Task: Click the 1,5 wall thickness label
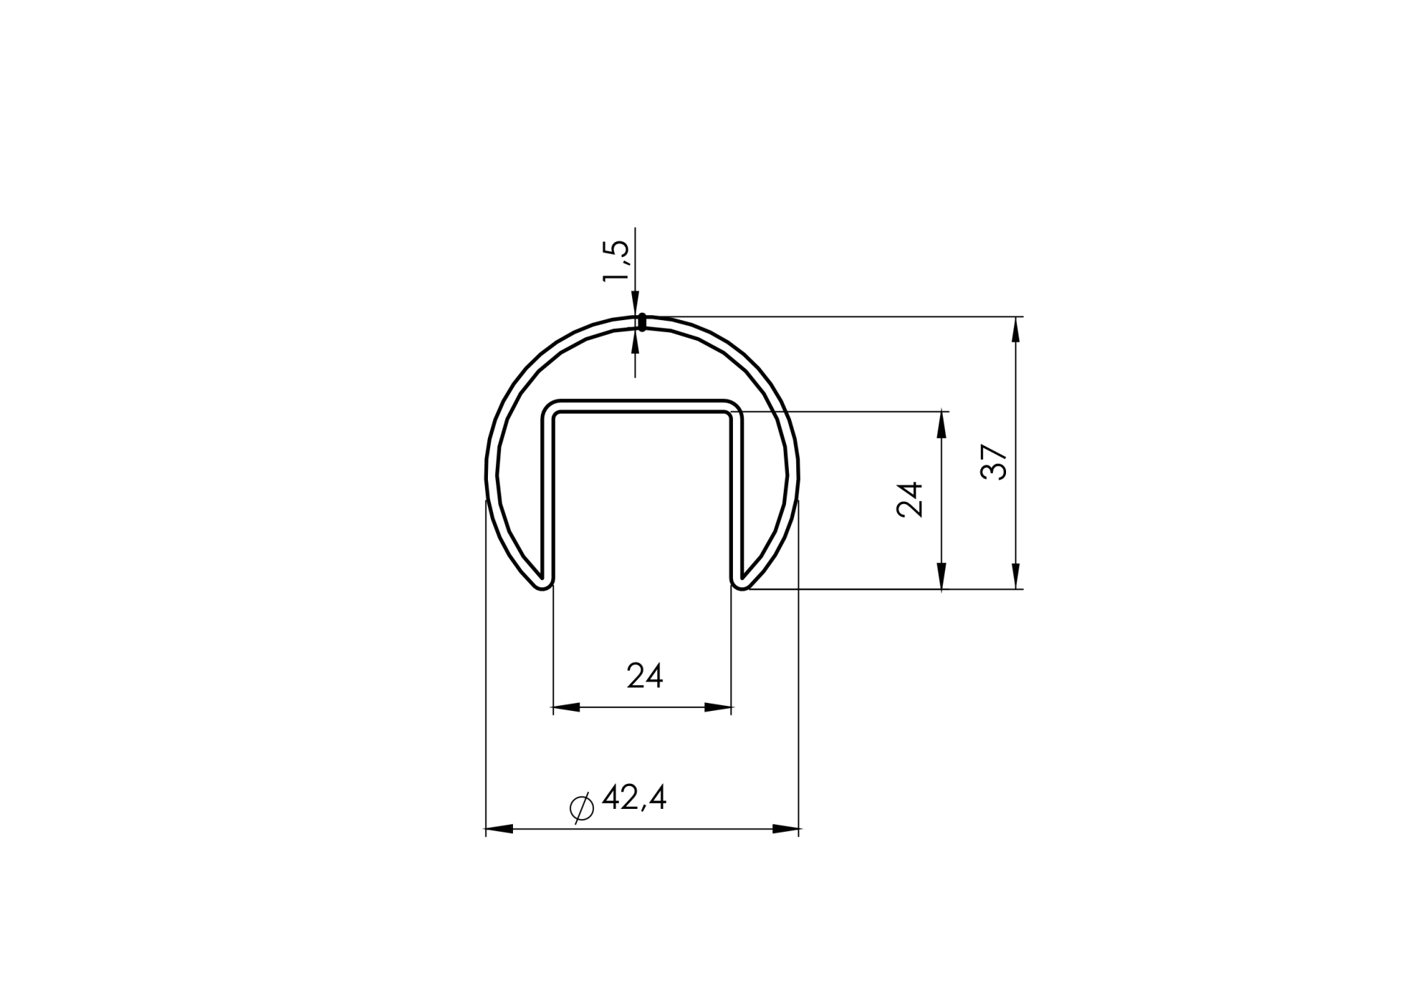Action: pyautogui.click(x=616, y=261)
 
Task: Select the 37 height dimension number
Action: pyautogui.click(x=994, y=461)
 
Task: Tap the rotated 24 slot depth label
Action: pyautogui.click(x=910, y=500)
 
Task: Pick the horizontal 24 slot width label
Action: pyautogui.click(x=645, y=676)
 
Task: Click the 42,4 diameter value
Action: pyautogui.click(x=634, y=798)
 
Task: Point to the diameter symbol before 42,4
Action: pyautogui.click(x=582, y=807)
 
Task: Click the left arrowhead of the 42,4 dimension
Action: pyautogui.click(x=499, y=829)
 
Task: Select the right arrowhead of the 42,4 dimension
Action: pyautogui.click(x=786, y=829)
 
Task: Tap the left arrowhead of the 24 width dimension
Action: pyautogui.click(x=567, y=707)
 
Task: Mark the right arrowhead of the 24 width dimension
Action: pyautogui.click(x=718, y=707)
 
